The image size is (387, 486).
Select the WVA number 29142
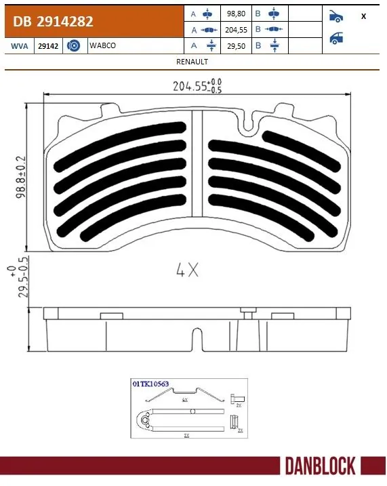[47, 45]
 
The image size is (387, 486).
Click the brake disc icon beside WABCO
[75, 45]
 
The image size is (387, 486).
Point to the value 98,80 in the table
[235, 14]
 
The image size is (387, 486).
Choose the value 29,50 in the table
[235, 45]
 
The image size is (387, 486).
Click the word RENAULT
[192, 61]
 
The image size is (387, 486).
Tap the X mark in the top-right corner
[363, 16]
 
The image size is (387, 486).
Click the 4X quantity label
[187, 270]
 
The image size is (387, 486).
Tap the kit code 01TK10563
[150, 383]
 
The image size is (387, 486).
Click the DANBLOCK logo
[320, 466]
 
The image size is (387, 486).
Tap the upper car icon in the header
[335, 16]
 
